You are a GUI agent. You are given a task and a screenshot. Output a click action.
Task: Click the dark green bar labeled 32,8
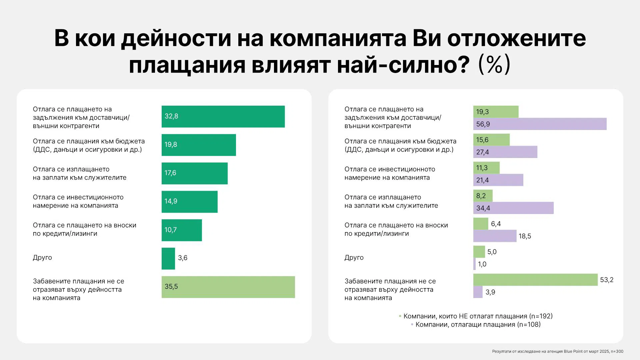[x=223, y=116]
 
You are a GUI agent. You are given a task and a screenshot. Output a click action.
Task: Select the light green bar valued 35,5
[x=228, y=287]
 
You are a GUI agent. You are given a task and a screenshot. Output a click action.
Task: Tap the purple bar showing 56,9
[x=540, y=124]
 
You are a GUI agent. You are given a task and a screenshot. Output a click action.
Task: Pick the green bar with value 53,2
[x=535, y=280]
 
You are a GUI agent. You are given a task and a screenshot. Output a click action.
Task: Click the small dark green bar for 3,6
[x=168, y=258]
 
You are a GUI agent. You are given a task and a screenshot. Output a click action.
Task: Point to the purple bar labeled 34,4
[x=513, y=208]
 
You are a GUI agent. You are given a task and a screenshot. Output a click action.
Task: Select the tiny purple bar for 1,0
[x=474, y=264]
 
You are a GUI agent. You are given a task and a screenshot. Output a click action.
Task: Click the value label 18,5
[x=525, y=236]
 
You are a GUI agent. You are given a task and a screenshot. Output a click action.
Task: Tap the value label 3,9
[x=490, y=292]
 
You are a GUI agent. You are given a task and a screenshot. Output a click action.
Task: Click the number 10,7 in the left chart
[x=170, y=230]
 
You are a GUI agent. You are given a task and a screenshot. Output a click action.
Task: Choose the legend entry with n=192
[x=478, y=316]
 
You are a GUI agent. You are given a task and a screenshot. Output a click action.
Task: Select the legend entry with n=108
[x=478, y=324]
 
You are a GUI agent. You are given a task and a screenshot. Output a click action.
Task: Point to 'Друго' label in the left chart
[x=42, y=258]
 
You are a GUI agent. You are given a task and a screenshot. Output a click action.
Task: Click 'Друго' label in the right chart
[x=354, y=258]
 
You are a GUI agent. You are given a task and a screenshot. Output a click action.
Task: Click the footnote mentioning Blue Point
[x=557, y=351]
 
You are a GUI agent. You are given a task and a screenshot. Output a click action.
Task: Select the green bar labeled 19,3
[x=496, y=112]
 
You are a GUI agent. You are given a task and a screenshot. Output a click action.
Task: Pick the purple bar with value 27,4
[x=505, y=152]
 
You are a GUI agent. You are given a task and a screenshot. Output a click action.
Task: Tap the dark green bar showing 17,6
[x=194, y=173]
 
